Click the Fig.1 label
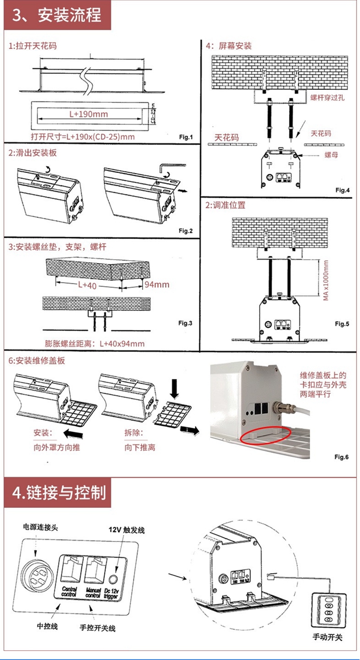coord(185,137)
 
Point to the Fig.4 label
coord(342,190)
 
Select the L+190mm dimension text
coord(88,114)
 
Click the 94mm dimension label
coord(157,284)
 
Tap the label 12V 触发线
coord(126,530)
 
